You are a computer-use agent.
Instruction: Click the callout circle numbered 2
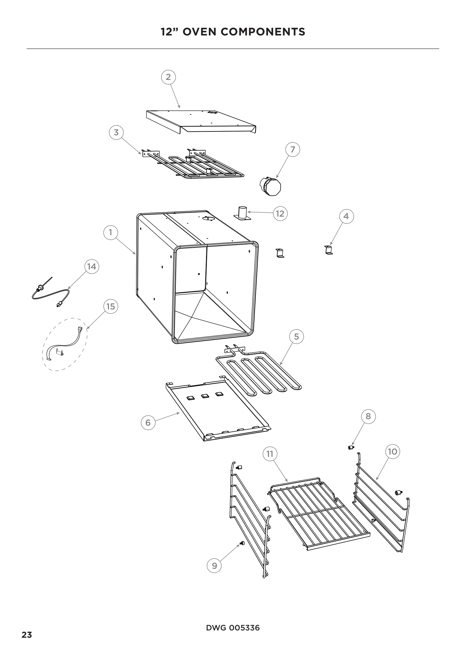[168, 77]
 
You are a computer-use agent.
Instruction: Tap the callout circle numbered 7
[293, 150]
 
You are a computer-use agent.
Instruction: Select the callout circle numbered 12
[280, 214]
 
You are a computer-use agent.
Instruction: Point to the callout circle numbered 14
[92, 267]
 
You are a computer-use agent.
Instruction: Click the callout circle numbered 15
[111, 307]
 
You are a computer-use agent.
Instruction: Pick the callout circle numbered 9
[214, 565]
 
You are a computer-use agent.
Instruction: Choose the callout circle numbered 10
[392, 452]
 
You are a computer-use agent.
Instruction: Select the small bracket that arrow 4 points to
[329, 250]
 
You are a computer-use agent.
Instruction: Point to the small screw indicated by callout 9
[242, 542]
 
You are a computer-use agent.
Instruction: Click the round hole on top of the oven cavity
[208, 219]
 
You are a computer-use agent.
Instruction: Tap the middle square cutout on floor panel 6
[205, 396]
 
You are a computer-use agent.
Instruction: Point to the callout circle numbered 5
[296, 336]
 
